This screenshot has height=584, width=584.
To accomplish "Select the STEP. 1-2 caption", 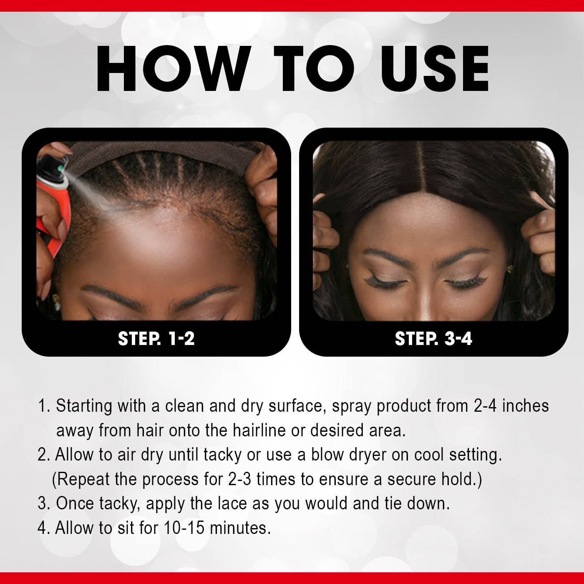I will pyautogui.click(x=156, y=338).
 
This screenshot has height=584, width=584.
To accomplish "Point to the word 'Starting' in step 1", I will pyautogui.click(x=84, y=405).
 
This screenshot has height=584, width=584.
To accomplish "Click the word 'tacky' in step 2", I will pyautogui.click(x=222, y=454).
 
